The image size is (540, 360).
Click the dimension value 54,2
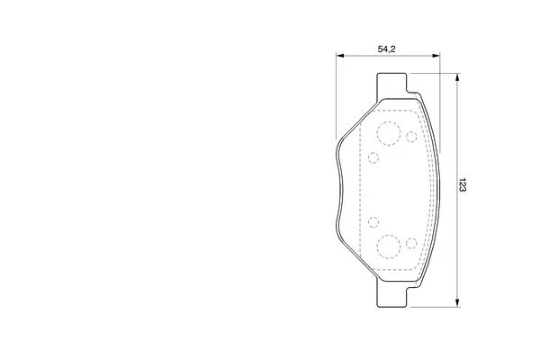pos(386,49)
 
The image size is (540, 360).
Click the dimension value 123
pos(463,185)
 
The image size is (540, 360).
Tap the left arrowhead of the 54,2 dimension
pos(340,56)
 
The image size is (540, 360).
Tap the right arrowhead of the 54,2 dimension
pos(436,56)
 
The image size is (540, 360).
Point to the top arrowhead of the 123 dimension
pos(457,77)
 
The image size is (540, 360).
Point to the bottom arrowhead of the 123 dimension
pos(457,302)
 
